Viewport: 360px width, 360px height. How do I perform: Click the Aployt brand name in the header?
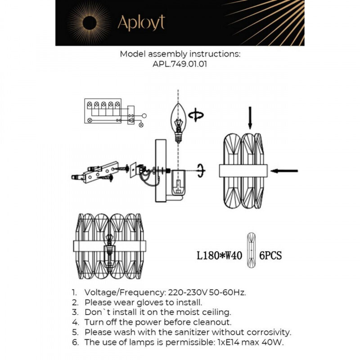141,22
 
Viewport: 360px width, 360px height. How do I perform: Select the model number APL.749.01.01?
180,64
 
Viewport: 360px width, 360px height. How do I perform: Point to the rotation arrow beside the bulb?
196,116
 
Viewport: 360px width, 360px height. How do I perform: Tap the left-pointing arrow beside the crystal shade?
285,171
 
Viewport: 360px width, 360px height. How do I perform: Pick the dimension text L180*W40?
220,256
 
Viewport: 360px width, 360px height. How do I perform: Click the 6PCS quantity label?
271,256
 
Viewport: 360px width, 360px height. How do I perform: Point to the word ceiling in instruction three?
215,312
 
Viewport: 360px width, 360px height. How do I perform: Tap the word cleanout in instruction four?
212,322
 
